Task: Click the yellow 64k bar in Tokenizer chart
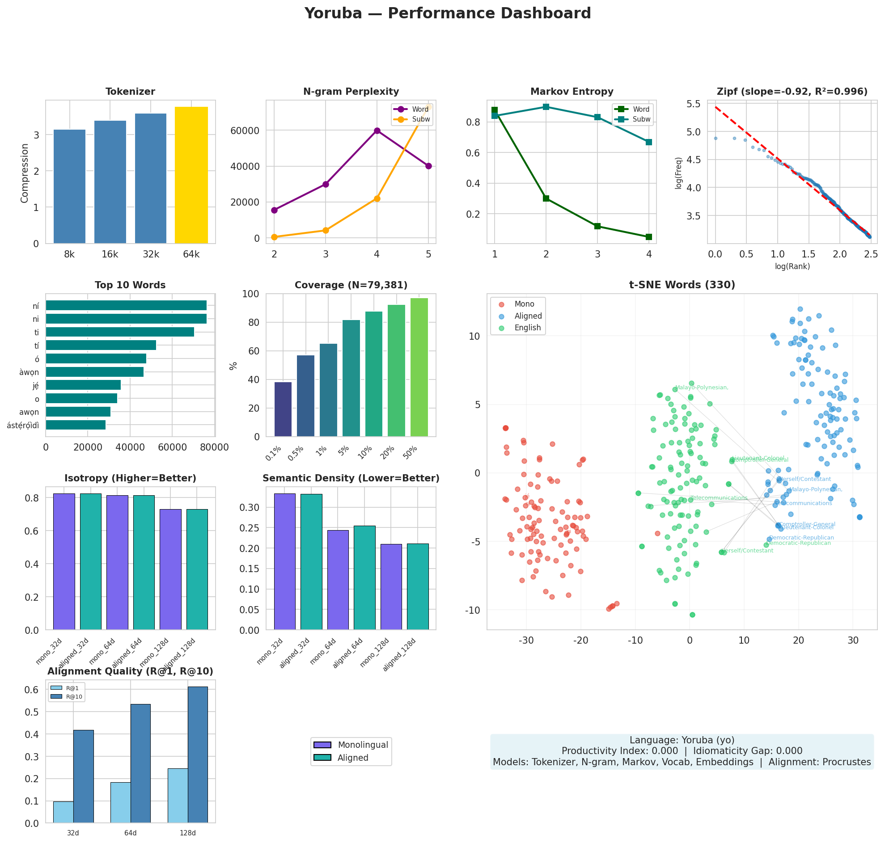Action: point(191,175)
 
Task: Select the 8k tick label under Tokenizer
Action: point(69,254)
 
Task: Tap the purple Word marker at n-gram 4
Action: point(377,131)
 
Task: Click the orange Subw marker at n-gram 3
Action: point(326,231)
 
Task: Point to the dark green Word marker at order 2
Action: point(546,198)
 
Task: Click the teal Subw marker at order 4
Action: point(648,142)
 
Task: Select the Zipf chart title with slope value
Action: point(792,92)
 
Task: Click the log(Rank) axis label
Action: point(792,266)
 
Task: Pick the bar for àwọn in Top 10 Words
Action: point(95,372)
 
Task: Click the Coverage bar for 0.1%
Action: point(283,409)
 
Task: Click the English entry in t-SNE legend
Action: point(527,328)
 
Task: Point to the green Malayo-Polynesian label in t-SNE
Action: point(701,388)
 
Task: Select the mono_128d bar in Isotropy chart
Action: point(170,569)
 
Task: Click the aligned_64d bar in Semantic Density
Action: point(364,577)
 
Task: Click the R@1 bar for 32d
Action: point(64,812)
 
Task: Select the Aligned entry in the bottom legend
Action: point(352,758)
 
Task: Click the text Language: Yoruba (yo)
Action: point(682,740)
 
